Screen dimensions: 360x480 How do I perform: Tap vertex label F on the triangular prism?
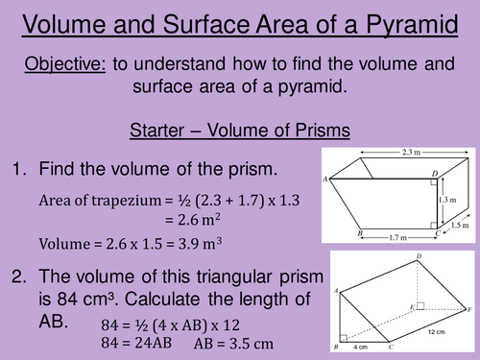point(468,309)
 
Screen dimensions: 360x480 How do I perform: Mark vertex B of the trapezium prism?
point(358,233)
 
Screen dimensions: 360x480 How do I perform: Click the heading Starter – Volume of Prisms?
point(238,130)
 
